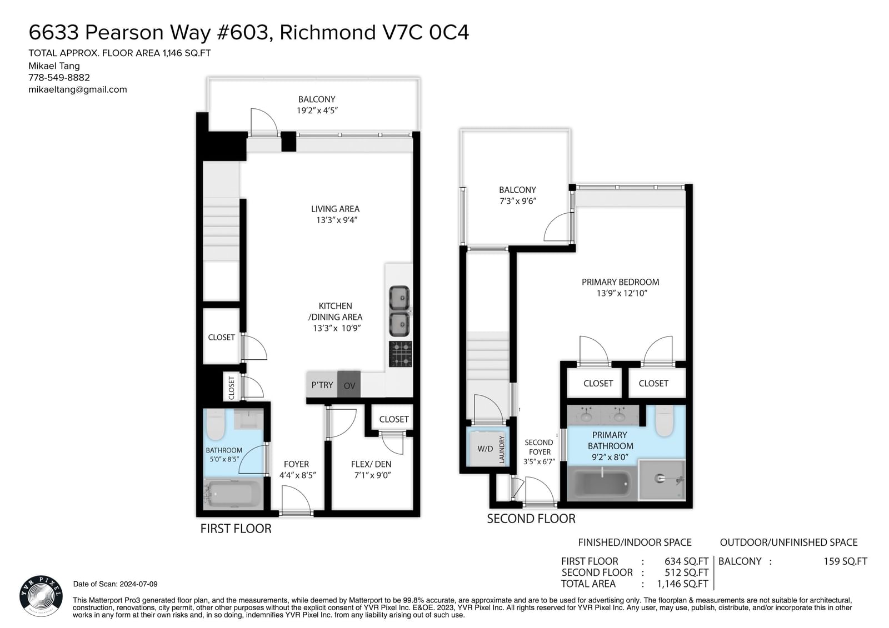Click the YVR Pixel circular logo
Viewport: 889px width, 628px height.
point(41,596)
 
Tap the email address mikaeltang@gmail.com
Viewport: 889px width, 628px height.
point(78,89)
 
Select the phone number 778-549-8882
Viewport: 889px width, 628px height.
point(59,77)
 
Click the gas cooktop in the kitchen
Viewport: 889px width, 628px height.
point(401,354)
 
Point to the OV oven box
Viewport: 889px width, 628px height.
point(349,384)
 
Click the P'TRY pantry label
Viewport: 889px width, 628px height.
point(322,385)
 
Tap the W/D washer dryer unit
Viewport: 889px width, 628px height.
point(485,449)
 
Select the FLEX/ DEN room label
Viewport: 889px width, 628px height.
point(371,464)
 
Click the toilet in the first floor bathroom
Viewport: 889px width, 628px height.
point(215,424)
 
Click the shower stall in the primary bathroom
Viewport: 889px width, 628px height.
point(662,480)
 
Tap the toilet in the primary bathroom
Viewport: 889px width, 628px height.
point(665,420)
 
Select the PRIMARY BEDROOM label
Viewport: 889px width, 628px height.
point(620,282)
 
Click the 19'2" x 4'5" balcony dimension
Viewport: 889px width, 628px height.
point(317,110)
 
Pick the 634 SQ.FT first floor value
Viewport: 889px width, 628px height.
point(687,561)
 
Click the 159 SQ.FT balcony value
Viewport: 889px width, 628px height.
point(845,561)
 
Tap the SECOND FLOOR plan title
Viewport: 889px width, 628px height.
point(531,519)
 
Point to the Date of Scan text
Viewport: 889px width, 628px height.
point(116,584)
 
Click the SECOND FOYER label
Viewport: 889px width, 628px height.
point(539,447)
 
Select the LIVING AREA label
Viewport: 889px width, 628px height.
point(336,209)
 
